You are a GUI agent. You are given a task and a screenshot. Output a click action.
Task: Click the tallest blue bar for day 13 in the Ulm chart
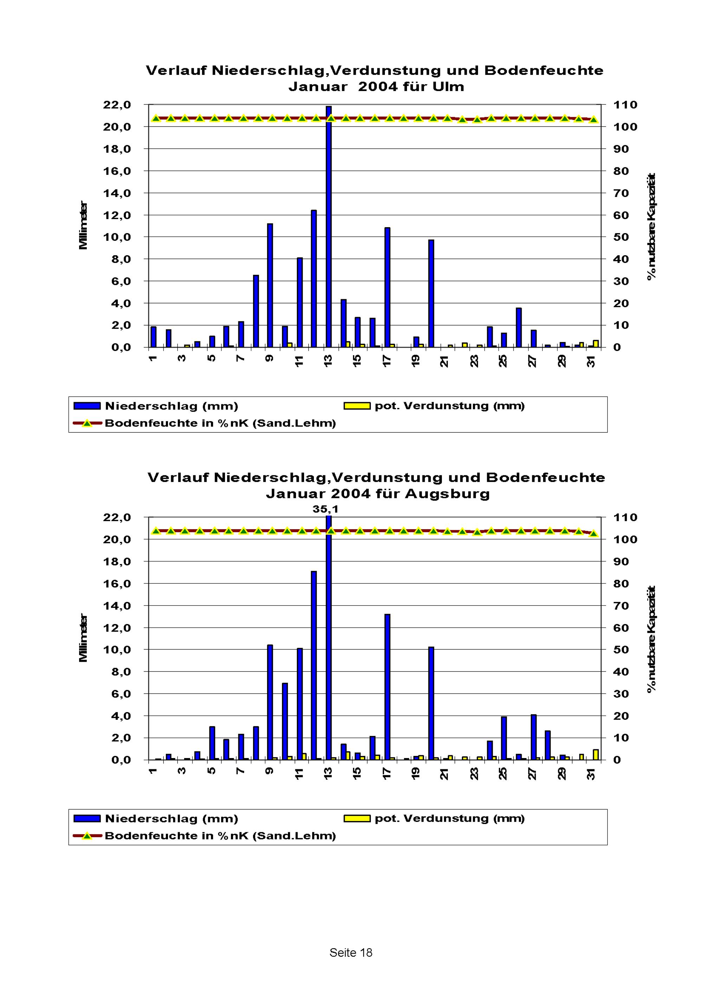tap(329, 225)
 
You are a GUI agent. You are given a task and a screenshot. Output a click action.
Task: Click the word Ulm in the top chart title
tap(449, 87)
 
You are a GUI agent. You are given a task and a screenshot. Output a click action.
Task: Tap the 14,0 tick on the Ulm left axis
tap(117, 193)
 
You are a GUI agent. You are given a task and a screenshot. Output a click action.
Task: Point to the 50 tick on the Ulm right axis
tap(621, 237)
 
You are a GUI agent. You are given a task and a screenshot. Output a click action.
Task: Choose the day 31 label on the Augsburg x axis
tap(591, 774)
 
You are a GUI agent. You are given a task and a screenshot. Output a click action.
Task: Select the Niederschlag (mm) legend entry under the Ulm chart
tap(171, 406)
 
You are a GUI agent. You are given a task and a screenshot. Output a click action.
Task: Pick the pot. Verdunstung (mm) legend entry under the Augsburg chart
tap(449, 818)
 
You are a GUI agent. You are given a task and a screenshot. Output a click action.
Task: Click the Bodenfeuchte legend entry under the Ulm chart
tap(220, 423)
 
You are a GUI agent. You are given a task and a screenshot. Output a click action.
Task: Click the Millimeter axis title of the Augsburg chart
tap(83, 637)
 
